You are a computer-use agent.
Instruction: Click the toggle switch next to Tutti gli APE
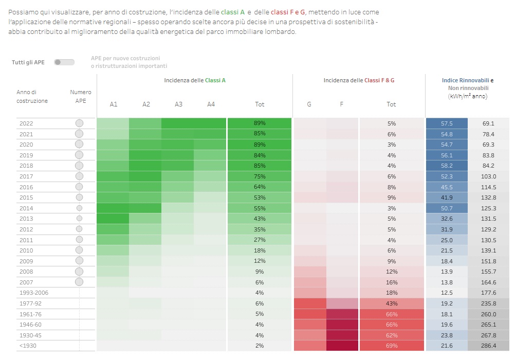[x=64, y=62]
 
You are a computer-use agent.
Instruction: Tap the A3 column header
[x=178, y=104]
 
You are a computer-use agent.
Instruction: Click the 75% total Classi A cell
[x=260, y=176]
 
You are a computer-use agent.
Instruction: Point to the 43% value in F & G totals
[x=391, y=303]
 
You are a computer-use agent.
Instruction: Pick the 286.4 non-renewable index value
[x=488, y=346]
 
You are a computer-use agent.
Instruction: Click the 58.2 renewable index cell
[x=447, y=166]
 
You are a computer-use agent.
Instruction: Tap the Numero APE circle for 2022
[x=79, y=123]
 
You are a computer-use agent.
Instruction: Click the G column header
[x=309, y=104]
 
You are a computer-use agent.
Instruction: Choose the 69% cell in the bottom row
[x=391, y=346]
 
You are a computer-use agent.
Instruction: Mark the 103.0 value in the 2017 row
[x=488, y=176]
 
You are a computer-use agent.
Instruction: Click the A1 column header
[x=114, y=104]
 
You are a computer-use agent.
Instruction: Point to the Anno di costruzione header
[x=32, y=96]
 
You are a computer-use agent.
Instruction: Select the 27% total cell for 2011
[x=260, y=240]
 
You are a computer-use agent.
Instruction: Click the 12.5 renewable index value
[x=447, y=293]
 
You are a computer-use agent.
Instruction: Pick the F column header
[x=341, y=104]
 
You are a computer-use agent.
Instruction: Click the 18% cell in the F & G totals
[x=391, y=293]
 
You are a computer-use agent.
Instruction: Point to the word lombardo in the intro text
[x=283, y=32]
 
